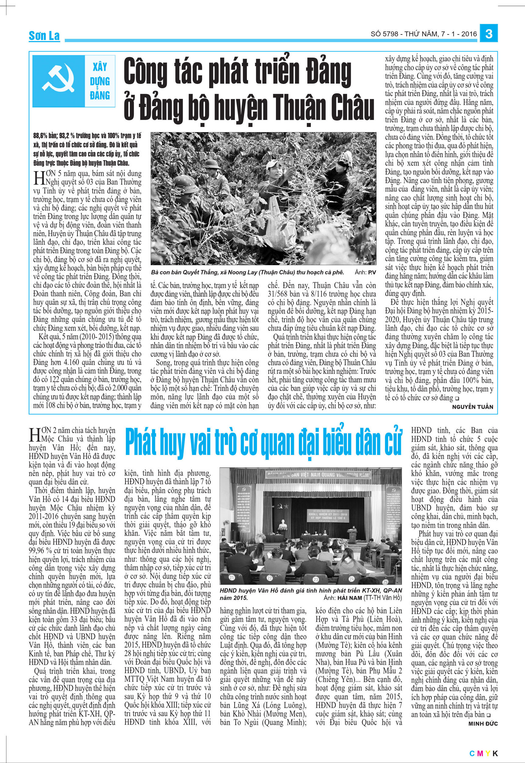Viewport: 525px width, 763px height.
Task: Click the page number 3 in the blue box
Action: (489, 34)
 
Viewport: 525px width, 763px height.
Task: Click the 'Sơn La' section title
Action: (44, 35)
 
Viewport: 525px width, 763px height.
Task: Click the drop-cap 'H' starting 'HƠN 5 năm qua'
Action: (38, 179)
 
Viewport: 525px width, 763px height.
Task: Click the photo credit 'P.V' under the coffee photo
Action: (372, 273)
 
